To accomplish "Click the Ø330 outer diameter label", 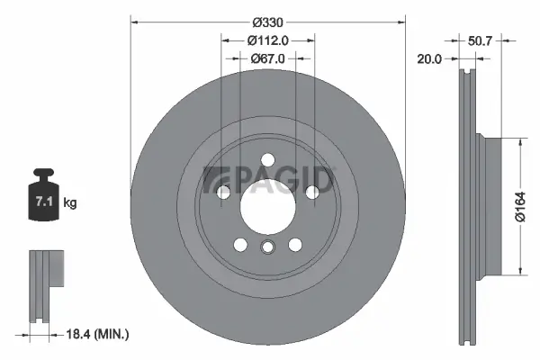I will click(x=268, y=21).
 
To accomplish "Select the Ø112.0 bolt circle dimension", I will click(x=268, y=40).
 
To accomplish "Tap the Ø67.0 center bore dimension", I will click(x=268, y=58).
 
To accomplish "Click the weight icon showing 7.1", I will click(x=43, y=196).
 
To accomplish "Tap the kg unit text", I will click(x=70, y=203).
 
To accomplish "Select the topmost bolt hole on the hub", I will click(x=267, y=160).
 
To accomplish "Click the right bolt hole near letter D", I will click(x=311, y=192).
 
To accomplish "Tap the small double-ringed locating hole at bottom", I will click(x=267, y=248).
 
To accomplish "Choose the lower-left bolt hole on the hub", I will click(x=240, y=244).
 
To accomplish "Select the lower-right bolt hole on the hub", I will click(x=294, y=244).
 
